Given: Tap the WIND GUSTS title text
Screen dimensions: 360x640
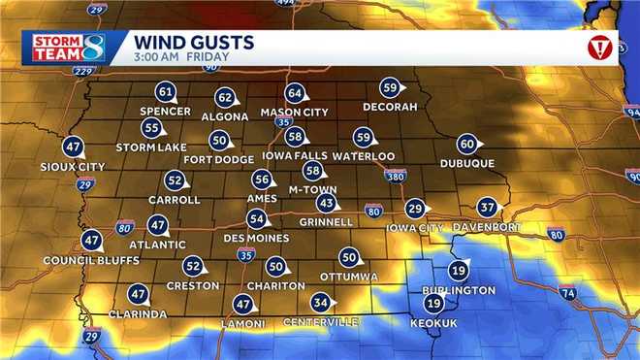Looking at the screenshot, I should [x=194, y=42].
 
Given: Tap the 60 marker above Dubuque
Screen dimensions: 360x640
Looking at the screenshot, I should [x=466, y=145].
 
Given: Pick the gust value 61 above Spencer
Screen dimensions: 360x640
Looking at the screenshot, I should [x=166, y=93].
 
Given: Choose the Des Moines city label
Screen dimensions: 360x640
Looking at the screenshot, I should [x=256, y=238].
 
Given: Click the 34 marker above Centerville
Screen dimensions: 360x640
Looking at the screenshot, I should [x=321, y=302].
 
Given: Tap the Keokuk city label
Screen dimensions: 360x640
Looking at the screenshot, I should [x=432, y=322].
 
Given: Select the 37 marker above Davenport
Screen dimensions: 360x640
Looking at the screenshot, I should [x=487, y=208].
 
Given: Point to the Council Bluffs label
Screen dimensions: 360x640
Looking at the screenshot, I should [x=91, y=260].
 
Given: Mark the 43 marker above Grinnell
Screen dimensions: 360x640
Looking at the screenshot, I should [x=327, y=204].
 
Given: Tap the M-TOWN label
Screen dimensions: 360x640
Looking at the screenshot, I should [x=311, y=189].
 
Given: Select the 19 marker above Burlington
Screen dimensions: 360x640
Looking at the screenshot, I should [x=459, y=272].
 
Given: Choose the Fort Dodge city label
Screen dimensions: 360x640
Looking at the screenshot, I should [x=218, y=159].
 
